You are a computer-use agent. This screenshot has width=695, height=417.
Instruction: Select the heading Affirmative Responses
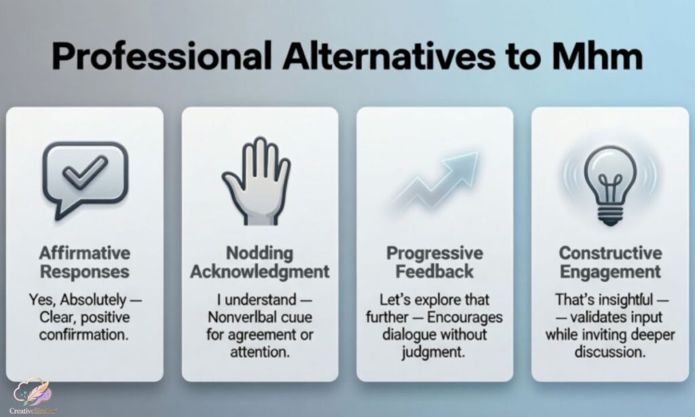[84, 263]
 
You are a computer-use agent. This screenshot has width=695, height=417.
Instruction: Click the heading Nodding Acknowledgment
[259, 263]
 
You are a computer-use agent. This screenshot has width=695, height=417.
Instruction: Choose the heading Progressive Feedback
[434, 263]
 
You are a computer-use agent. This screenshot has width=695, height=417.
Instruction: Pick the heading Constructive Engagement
[609, 263]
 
